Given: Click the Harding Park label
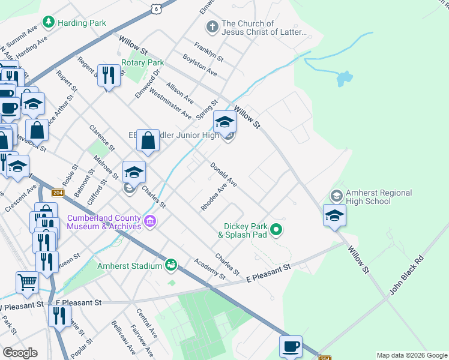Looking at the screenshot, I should pos(82,23).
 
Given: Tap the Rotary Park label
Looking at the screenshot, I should pos(142,62).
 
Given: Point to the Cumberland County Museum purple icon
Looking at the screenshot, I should pos(150,223).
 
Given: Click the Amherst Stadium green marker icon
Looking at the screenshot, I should pos(171,265).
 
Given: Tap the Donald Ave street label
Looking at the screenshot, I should pos(224,174).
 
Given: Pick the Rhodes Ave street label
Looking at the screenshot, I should pos(214,197).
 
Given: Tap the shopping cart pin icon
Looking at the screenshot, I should pos(27,282).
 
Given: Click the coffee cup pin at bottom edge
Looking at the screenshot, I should pos(291,347).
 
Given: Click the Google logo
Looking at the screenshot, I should pos(20,353).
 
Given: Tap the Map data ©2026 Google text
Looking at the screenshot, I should pos(411,355).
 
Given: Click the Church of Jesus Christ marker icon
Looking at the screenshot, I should pos(211,27).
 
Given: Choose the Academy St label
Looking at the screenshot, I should pos(209,269).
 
